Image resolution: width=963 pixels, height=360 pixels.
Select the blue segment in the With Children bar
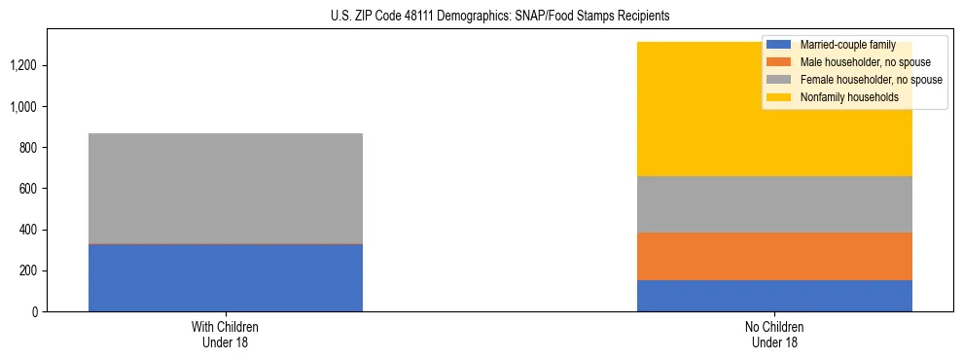226,277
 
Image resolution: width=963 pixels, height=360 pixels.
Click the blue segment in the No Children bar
774,296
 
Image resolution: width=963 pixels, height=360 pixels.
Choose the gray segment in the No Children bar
774,204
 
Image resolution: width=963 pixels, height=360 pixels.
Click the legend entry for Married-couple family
846,45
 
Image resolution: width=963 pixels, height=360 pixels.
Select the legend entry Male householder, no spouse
865,62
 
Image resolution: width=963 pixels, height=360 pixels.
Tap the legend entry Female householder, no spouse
871,80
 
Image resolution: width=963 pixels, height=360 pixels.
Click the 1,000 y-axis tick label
26,107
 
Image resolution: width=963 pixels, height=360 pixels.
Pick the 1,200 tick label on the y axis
26,66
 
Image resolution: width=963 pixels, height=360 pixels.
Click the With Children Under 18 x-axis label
226,334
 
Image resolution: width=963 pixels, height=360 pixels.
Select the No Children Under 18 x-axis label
774,334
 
